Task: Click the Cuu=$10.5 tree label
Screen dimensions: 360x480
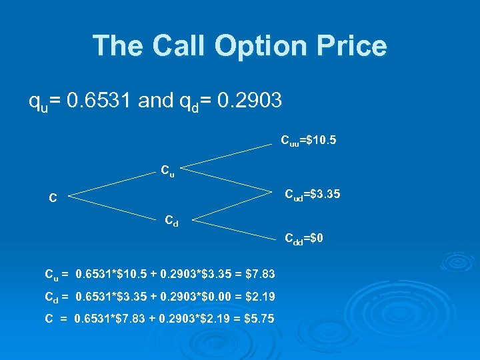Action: pos(308,141)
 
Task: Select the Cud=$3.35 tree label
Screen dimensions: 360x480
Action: pos(313,195)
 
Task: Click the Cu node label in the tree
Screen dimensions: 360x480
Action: pos(167,170)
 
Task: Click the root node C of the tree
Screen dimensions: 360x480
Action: pos(52,197)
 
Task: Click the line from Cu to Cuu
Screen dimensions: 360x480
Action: pos(227,154)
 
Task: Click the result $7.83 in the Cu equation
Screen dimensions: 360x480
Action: pos(259,273)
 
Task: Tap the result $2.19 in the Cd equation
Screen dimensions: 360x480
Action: pos(259,296)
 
